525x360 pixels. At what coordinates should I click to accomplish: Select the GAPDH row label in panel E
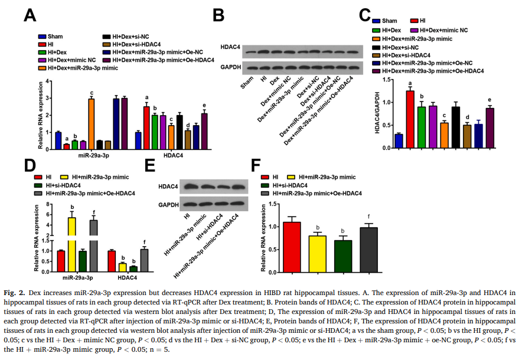[168, 205]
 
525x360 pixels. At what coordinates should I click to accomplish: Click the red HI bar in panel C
[410, 119]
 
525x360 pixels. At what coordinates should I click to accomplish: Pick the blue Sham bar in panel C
[399, 141]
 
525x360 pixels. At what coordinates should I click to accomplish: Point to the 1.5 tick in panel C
[386, 79]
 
